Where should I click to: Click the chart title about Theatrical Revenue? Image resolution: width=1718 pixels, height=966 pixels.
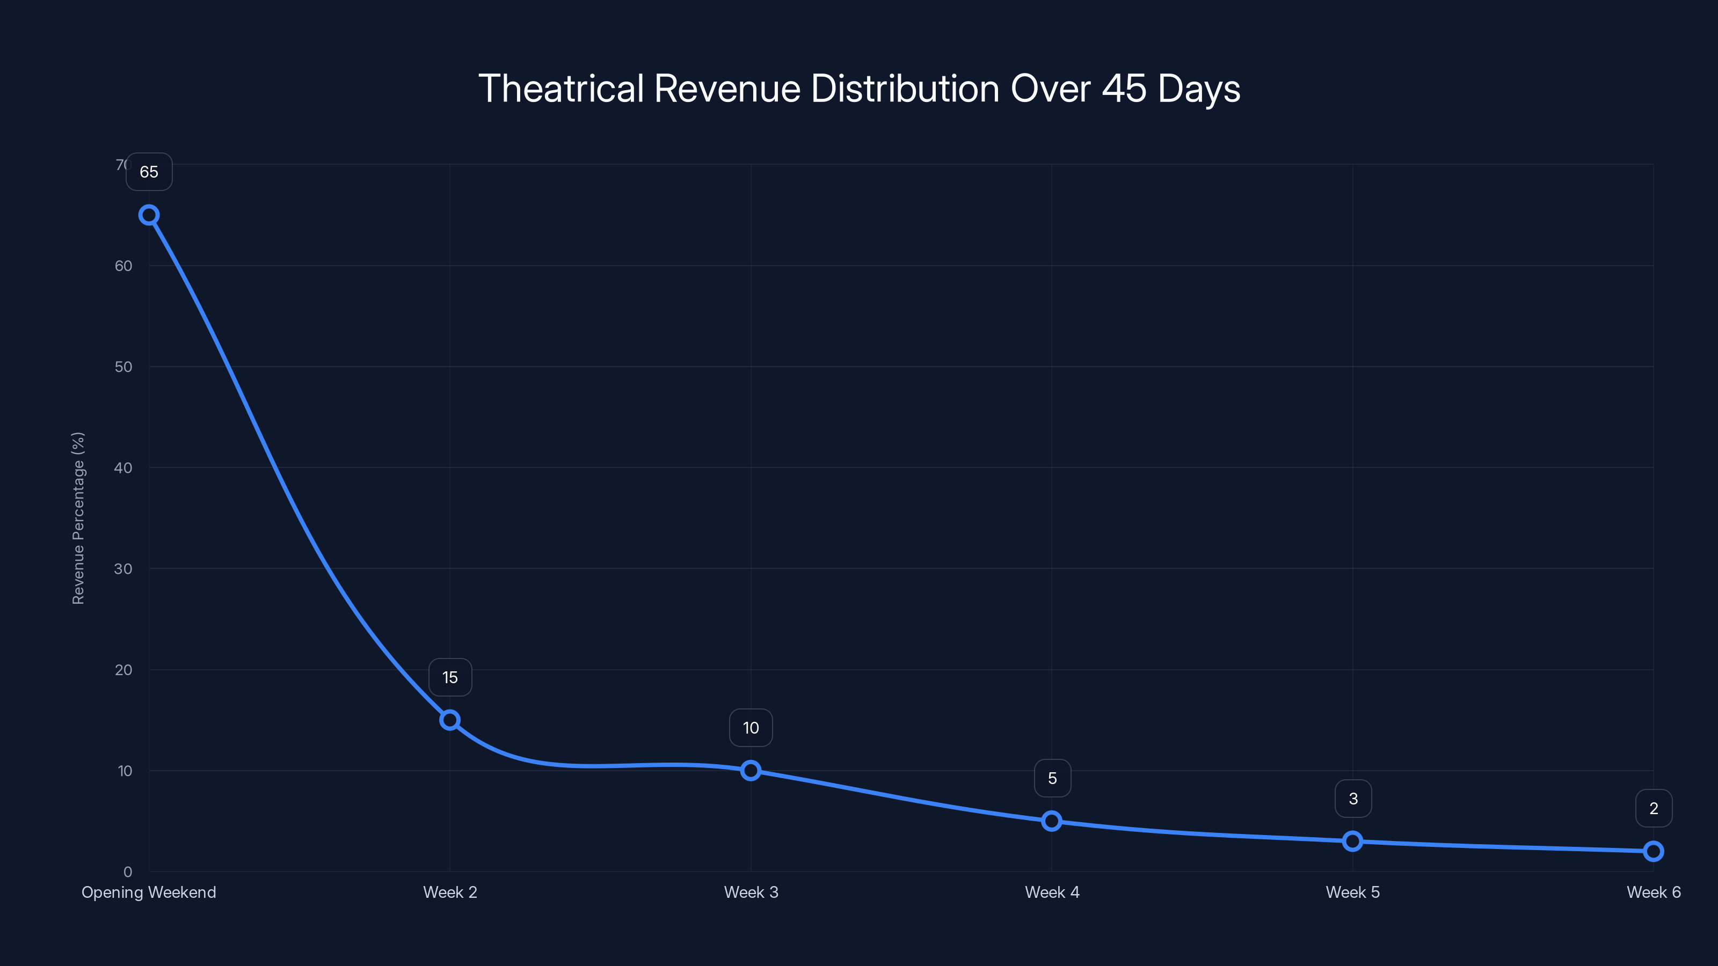click(859, 88)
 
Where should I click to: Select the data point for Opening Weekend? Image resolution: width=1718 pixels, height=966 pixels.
click(149, 215)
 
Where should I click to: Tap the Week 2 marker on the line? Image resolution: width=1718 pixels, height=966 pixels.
click(450, 720)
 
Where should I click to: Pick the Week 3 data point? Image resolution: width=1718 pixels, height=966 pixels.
click(751, 771)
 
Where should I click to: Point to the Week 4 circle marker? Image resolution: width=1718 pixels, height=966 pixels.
click(1052, 821)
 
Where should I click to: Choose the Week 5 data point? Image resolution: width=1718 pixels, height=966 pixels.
click(1352, 841)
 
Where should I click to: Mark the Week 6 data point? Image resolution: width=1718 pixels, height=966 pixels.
click(1654, 851)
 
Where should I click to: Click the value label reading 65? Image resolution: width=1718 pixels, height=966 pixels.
click(149, 172)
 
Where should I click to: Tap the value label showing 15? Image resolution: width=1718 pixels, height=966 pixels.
click(450, 677)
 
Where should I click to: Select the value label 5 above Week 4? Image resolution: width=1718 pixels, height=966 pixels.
click(1052, 778)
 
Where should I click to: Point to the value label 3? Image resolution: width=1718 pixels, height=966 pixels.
click(1353, 799)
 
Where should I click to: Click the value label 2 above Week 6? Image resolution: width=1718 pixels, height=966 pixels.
click(1654, 809)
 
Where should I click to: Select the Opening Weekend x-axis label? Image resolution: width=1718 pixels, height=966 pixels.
click(149, 892)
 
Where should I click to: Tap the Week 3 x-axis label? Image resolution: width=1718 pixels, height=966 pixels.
click(751, 892)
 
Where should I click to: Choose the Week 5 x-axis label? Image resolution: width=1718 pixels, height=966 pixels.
click(1352, 892)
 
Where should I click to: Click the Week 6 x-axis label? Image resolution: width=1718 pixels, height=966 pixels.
click(1654, 892)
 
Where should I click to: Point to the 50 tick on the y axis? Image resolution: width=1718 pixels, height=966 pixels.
click(123, 367)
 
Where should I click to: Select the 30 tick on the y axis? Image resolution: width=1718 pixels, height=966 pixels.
click(123, 569)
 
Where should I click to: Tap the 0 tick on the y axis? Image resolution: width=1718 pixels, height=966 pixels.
click(127, 872)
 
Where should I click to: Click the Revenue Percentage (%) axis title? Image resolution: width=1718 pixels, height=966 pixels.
click(78, 518)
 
